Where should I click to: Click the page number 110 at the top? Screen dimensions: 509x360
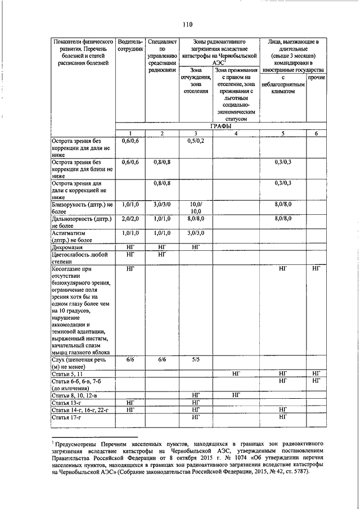[187, 24]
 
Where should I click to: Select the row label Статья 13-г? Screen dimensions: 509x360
[66, 403]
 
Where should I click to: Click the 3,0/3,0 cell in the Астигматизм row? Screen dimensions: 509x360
[196, 232]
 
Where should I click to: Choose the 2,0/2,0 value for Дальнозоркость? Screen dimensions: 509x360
[130, 218]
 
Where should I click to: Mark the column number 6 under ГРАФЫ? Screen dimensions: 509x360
[316, 133]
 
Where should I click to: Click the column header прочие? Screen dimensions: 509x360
[316, 76]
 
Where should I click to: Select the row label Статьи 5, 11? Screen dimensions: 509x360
[68, 373]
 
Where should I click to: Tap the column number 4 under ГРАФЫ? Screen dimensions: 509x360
[236, 133]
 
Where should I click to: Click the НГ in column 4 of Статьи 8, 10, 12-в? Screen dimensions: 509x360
[236, 395]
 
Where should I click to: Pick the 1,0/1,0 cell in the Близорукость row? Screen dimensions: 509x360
[130, 205]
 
